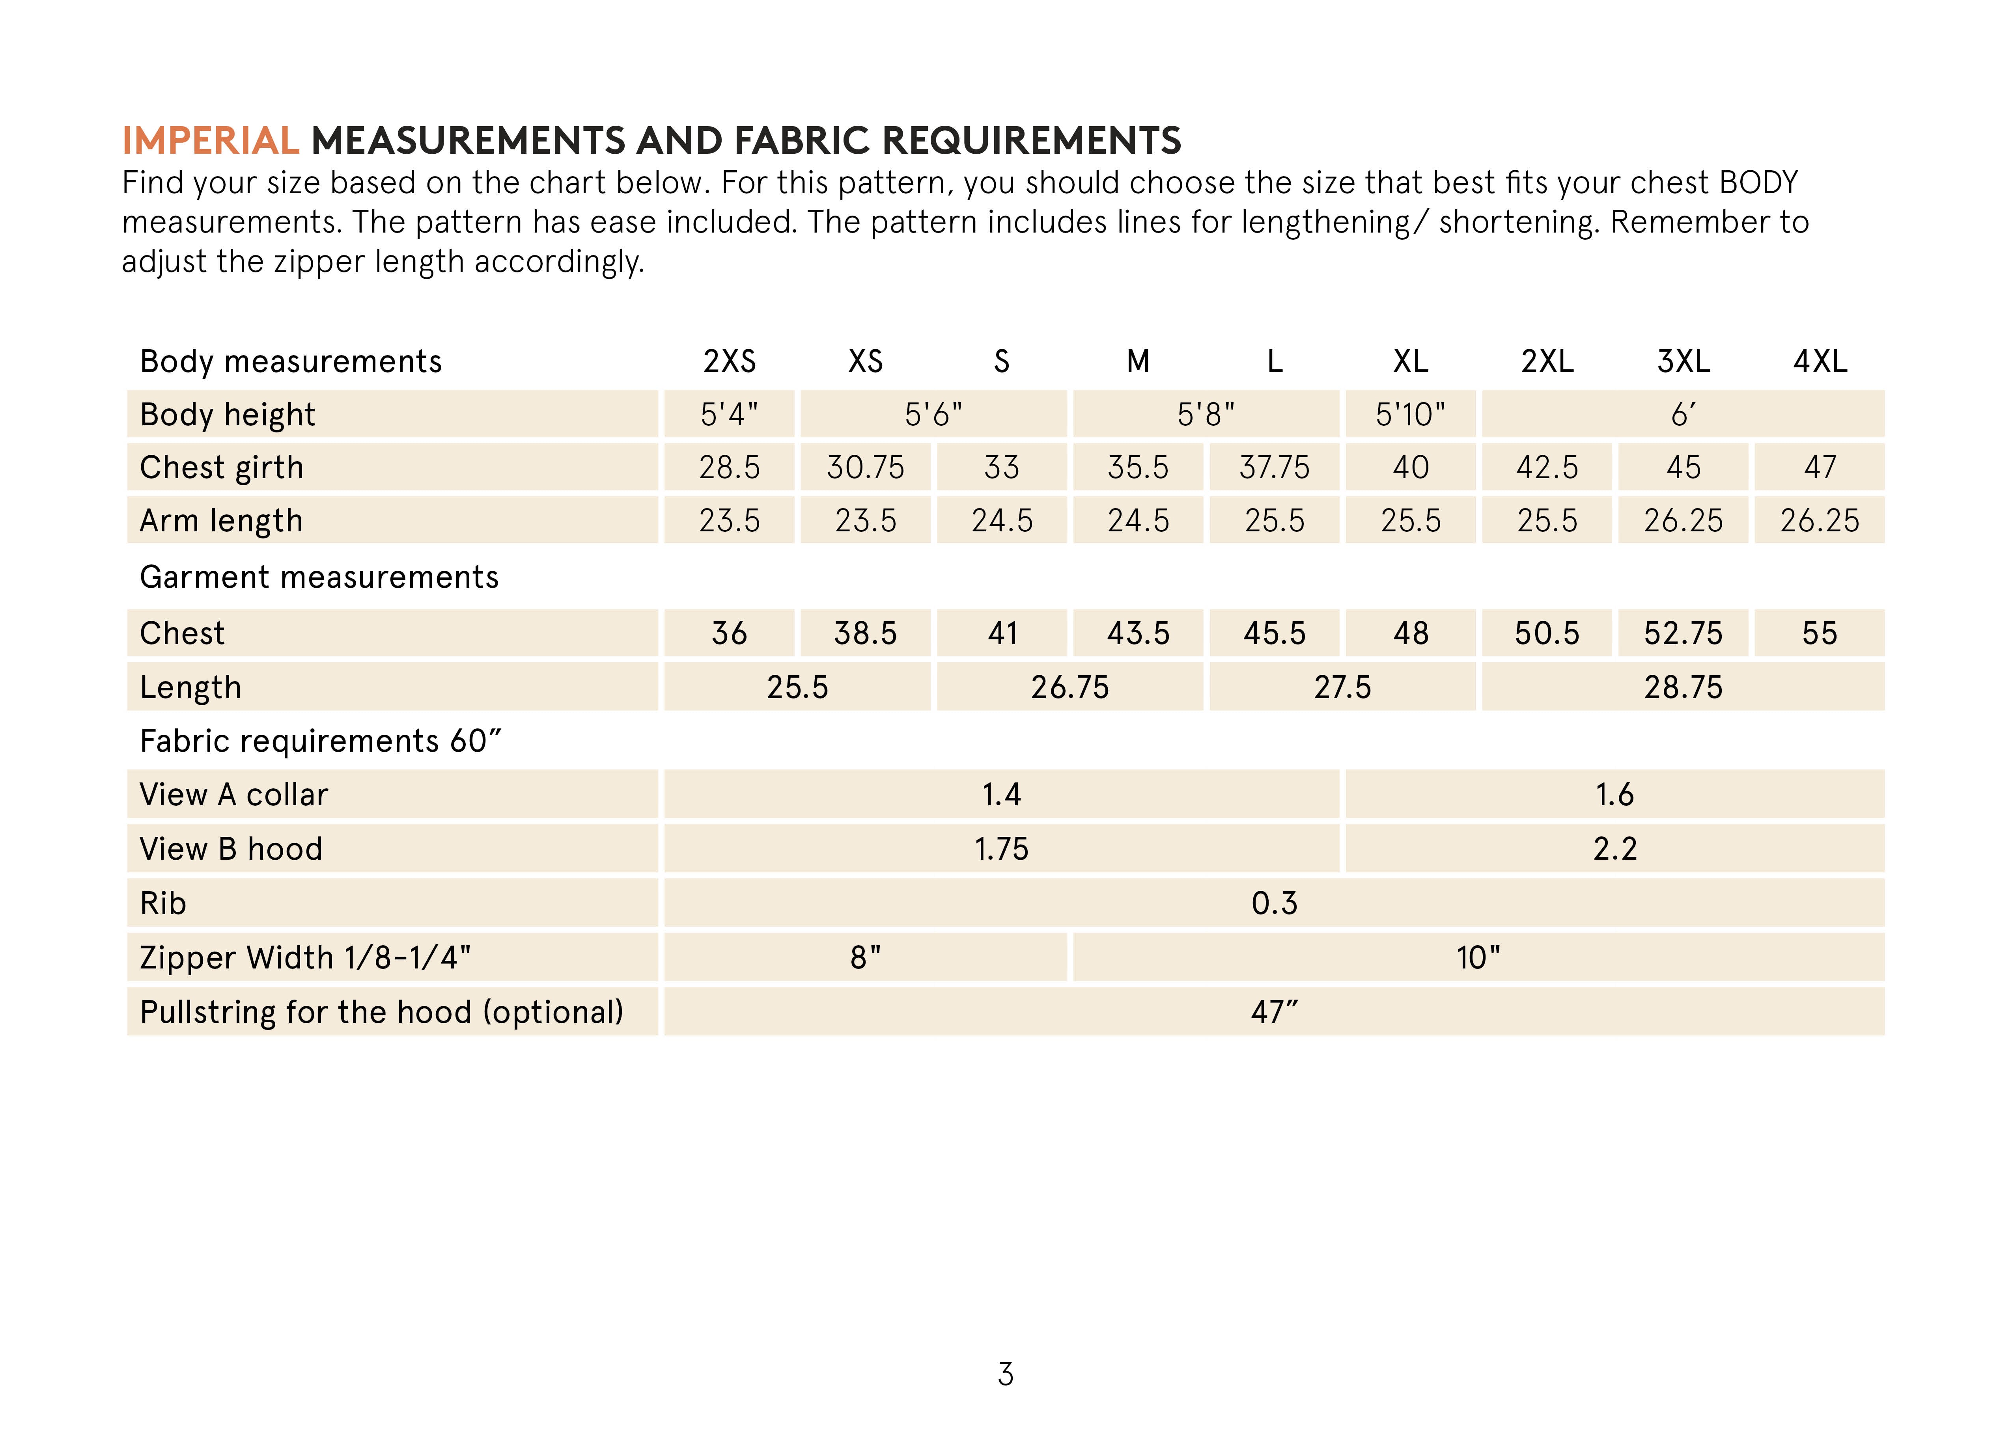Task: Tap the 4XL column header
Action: pyautogui.click(x=1820, y=361)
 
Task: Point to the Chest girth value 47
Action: pyautogui.click(x=1820, y=467)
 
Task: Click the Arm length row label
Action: pyautogui.click(x=221, y=521)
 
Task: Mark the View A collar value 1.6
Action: pyautogui.click(x=1614, y=795)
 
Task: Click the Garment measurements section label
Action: pyautogui.click(x=319, y=577)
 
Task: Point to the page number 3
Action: pyautogui.click(x=1005, y=1374)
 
